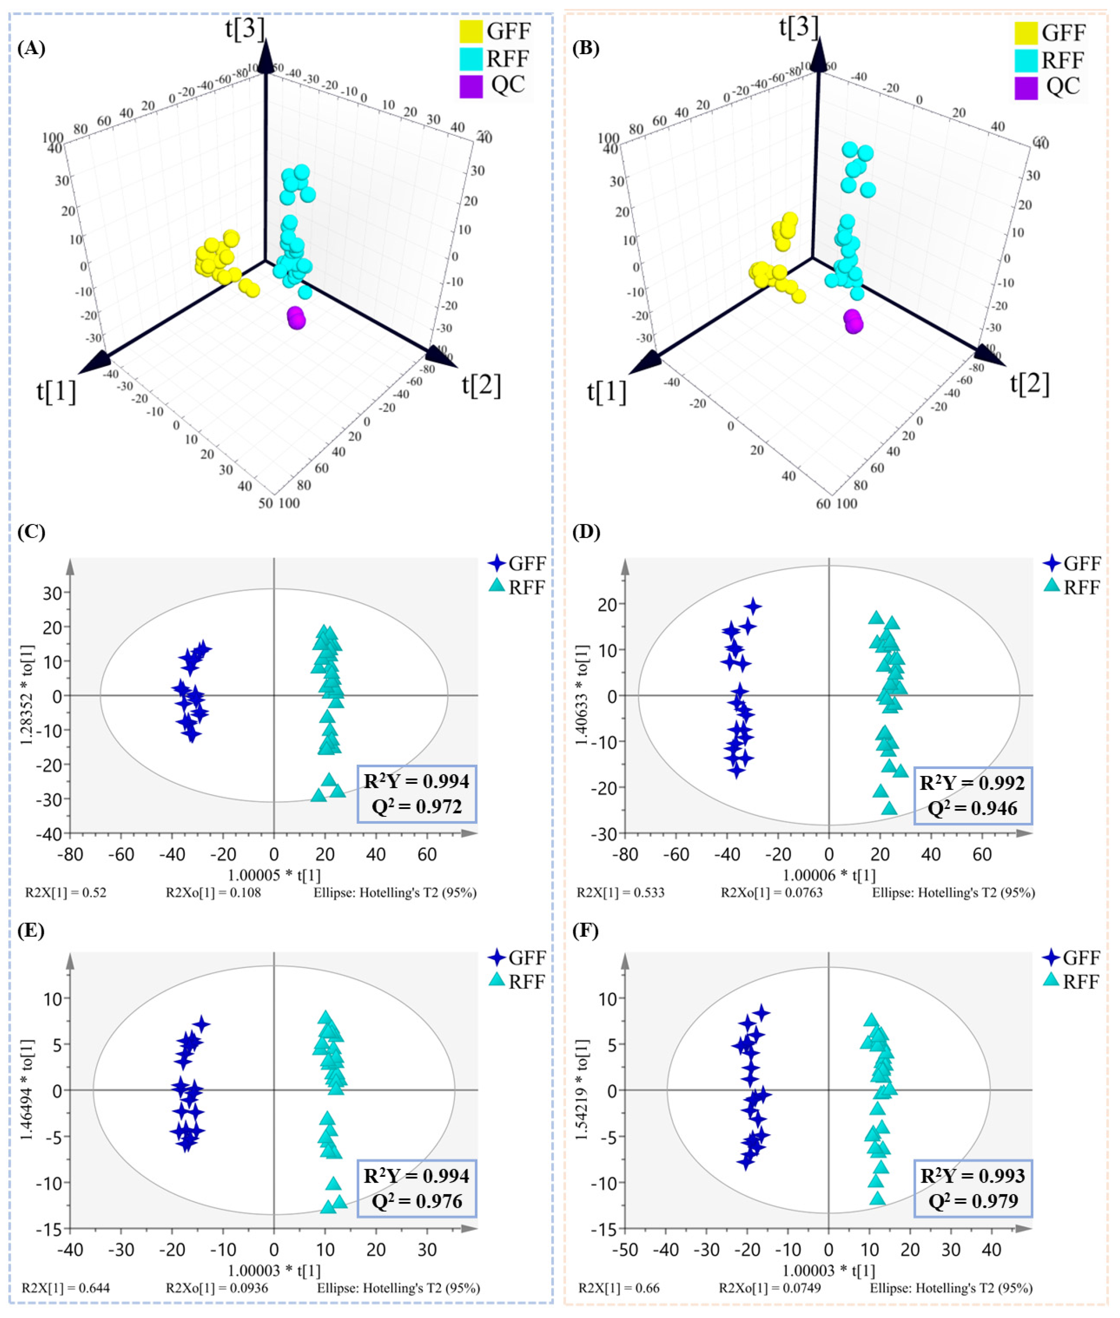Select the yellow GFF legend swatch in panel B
point(1026,33)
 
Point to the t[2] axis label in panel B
point(1029,384)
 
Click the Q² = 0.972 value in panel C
point(417,807)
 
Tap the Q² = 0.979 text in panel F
point(973,1201)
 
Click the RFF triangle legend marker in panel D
point(1052,586)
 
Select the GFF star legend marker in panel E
point(497,957)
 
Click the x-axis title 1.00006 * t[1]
point(828,875)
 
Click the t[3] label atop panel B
point(799,27)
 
